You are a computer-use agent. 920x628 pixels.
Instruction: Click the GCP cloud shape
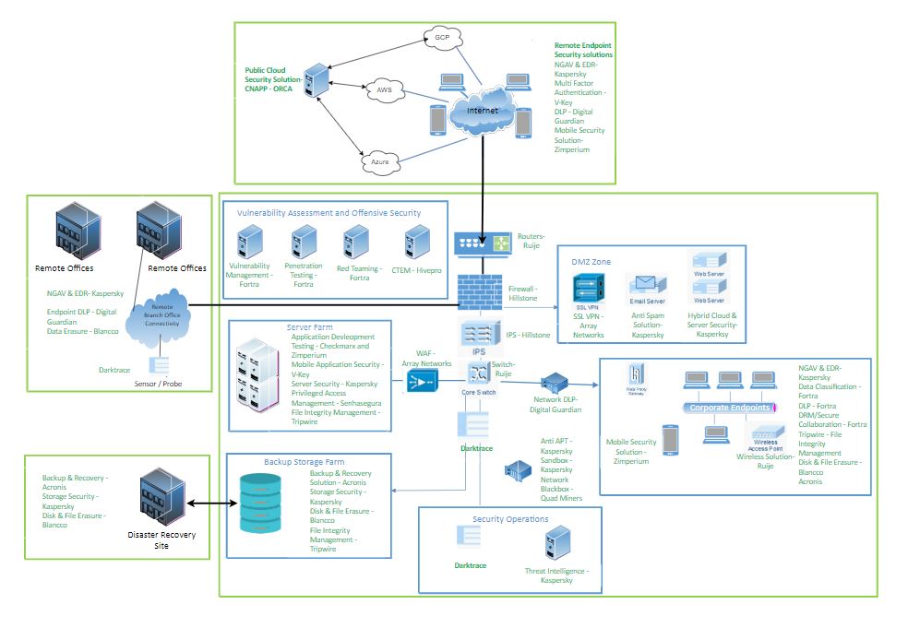pyautogui.click(x=442, y=38)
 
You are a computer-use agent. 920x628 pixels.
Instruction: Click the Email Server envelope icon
pyautogui.click(x=648, y=285)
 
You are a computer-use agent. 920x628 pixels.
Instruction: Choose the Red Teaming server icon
pyautogui.click(x=354, y=243)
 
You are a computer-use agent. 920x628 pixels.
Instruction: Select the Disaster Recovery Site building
pyautogui.click(x=161, y=499)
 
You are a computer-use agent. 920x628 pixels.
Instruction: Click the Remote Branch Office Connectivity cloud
pyautogui.click(x=161, y=314)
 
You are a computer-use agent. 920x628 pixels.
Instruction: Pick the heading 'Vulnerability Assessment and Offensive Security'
pyautogui.click(x=329, y=213)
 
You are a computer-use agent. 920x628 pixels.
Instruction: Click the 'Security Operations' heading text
pyautogui.click(x=510, y=519)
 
